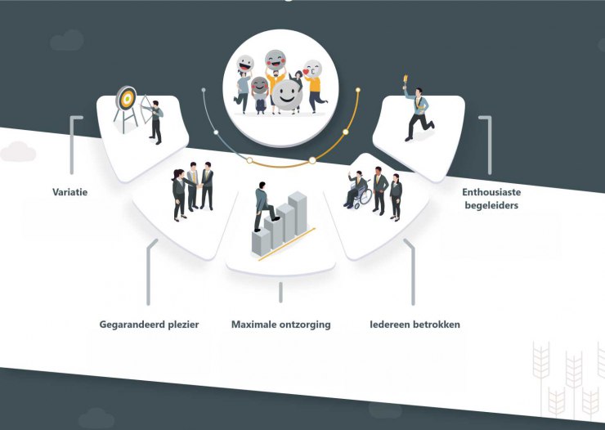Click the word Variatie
pos(69,192)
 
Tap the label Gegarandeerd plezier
pos(149,325)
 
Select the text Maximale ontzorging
pos(281,325)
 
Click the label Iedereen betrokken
pos(415,325)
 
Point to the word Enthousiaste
pos(491,192)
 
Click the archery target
pos(126,98)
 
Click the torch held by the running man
pos(406,81)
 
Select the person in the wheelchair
pos(355,188)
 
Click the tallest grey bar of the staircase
pos(298,213)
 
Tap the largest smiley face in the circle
pos(287,95)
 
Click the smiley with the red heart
pos(312,69)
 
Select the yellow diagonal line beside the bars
pos(287,244)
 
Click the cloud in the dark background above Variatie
pos(67,41)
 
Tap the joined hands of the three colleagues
pos(199,186)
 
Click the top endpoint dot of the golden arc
pos(358,90)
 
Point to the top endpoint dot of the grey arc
pos(204,90)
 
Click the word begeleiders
pos(491,205)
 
